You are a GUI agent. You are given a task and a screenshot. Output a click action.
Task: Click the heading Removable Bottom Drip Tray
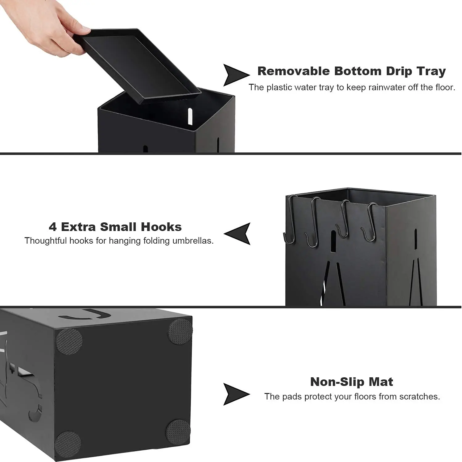point(352,71)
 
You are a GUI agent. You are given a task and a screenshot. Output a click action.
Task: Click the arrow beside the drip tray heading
point(235,75)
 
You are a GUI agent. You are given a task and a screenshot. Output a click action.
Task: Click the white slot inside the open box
point(190,116)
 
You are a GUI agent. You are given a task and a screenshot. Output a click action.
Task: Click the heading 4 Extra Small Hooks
point(115,227)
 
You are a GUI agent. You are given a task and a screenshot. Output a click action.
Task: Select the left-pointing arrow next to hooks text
point(238,233)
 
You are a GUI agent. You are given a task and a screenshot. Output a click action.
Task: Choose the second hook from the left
point(313,222)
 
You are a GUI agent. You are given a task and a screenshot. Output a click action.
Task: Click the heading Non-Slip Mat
point(352,382)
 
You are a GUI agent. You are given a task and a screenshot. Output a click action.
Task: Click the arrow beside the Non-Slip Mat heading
point(235,394)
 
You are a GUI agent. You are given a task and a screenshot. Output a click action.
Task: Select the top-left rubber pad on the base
point(69,341)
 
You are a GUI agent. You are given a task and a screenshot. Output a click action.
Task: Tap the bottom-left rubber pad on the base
point(68,444)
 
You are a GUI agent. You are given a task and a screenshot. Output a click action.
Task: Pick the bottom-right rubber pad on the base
point(178,432)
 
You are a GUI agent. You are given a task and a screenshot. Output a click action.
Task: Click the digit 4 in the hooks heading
point(52,227)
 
